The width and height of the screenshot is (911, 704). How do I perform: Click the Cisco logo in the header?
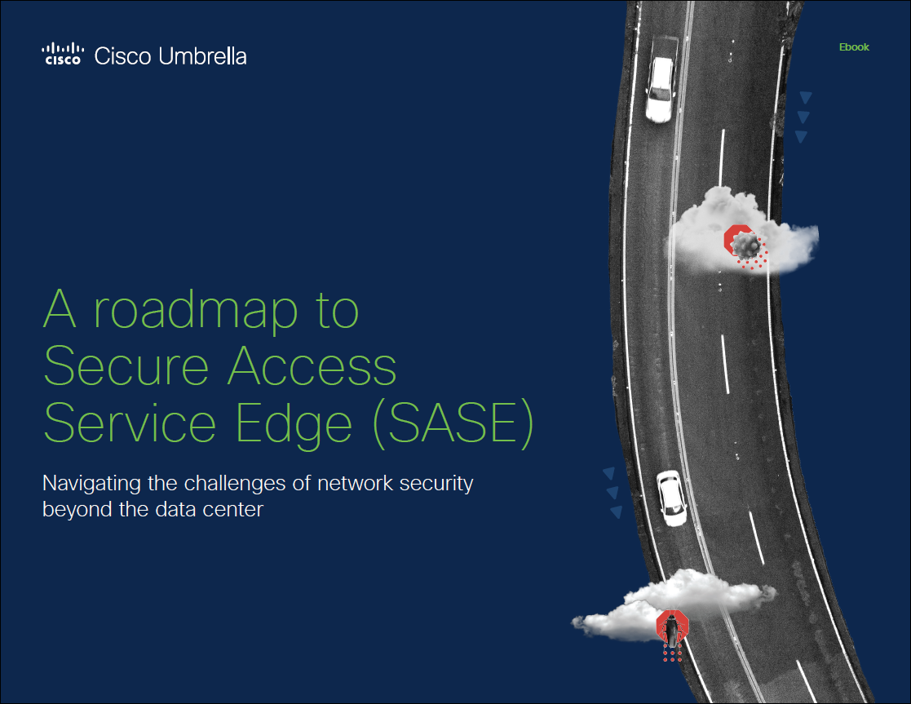click(63, 54)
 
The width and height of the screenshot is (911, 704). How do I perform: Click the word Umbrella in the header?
click(202, 55)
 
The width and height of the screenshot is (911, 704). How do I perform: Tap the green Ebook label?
click(854, 47)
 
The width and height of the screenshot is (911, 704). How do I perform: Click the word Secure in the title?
click(126, 366)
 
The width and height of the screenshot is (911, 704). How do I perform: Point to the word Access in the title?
click(312, 366)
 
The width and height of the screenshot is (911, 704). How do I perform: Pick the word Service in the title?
click(130, 423)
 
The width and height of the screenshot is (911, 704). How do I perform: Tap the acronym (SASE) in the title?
click(453, 424)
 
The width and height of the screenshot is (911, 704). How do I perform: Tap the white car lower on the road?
click(672, 498)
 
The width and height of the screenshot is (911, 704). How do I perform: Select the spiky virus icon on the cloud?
click(745, 245)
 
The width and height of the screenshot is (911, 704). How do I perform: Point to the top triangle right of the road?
click(806, 97)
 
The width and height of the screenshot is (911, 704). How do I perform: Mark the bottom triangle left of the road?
click(617, 512)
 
